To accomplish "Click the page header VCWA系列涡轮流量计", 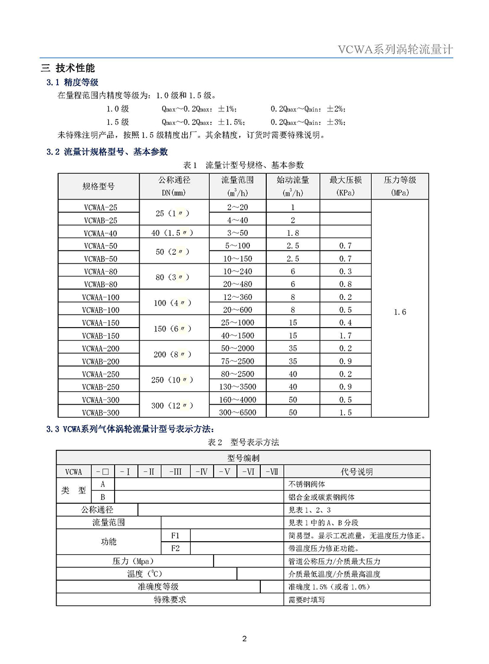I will [395, 50].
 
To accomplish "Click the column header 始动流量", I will [293, 180].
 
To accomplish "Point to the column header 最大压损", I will [346, 180].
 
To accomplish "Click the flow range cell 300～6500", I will [237, 412].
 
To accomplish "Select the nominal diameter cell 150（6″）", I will [174, 329].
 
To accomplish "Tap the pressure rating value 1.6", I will [400, 312].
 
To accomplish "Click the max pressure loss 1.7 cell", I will [346, 336].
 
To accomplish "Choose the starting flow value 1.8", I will [293, 233].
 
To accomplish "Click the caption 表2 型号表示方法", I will [243, 442].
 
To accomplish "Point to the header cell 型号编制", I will [243, 459].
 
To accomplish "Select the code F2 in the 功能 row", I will [175, 548].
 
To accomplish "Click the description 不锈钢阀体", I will [307, 484].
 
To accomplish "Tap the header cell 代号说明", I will [356, 472].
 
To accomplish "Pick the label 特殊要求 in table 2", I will [170, 599].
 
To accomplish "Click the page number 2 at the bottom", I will [244, 638].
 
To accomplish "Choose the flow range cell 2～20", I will [237, 207].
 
